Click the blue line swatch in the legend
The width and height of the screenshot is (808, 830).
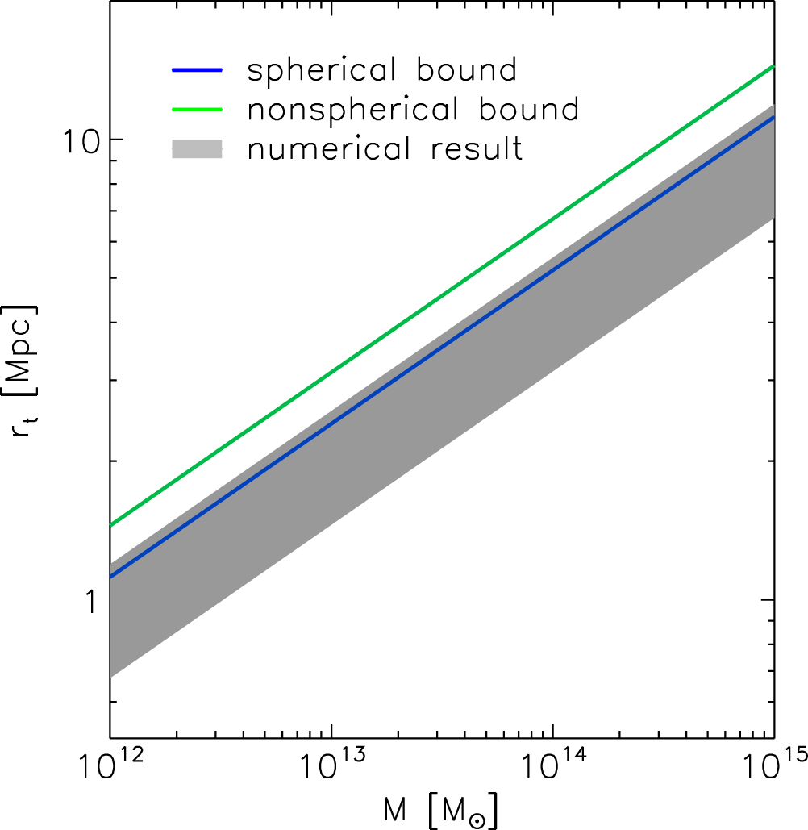tap(197, 70)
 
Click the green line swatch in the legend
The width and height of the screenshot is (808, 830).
tap(197, 109)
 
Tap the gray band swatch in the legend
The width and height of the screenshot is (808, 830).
tap(197, 148)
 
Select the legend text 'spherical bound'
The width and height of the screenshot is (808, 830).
tap(381, 70)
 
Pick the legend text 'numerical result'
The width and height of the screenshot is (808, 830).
tap(385, 149)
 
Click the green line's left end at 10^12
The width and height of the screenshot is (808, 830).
tap(110, 525)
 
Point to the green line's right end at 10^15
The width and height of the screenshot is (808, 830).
tap(773, 66)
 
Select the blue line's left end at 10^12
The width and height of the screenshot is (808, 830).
tap(110, 576)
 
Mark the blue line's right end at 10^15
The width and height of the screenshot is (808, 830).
tap(773, 117)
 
